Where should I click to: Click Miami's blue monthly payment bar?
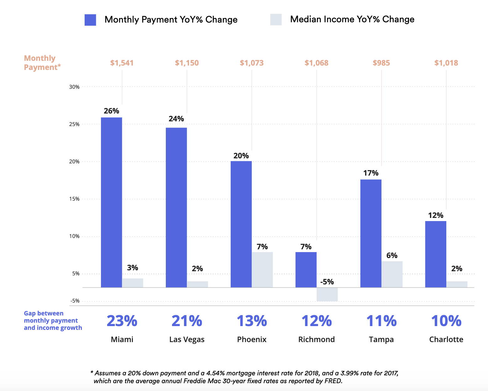(111, 202)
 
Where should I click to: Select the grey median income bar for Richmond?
(327, 294)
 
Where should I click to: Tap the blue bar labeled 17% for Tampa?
(371, 233)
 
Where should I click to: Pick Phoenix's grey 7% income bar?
(262, 270)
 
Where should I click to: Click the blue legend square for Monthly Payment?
(90, 20)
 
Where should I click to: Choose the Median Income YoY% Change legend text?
(352, 19)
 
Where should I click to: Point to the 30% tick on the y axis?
(74, 87)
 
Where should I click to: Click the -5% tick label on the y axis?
(75, 301)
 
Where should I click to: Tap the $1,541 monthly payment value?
(122, 63)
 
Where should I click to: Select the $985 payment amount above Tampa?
(381, 63)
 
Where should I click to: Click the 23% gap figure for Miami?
(122, 321)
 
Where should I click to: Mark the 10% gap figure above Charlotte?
(446, 321)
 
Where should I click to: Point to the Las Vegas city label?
(187, 340)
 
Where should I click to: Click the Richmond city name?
(317, 340)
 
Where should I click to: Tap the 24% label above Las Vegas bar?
(176, 119)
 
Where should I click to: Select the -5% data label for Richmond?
(327, 282)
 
